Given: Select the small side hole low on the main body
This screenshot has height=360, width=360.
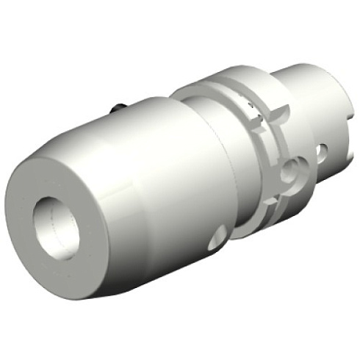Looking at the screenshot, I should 217,237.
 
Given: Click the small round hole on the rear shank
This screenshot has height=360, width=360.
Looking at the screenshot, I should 322,153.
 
